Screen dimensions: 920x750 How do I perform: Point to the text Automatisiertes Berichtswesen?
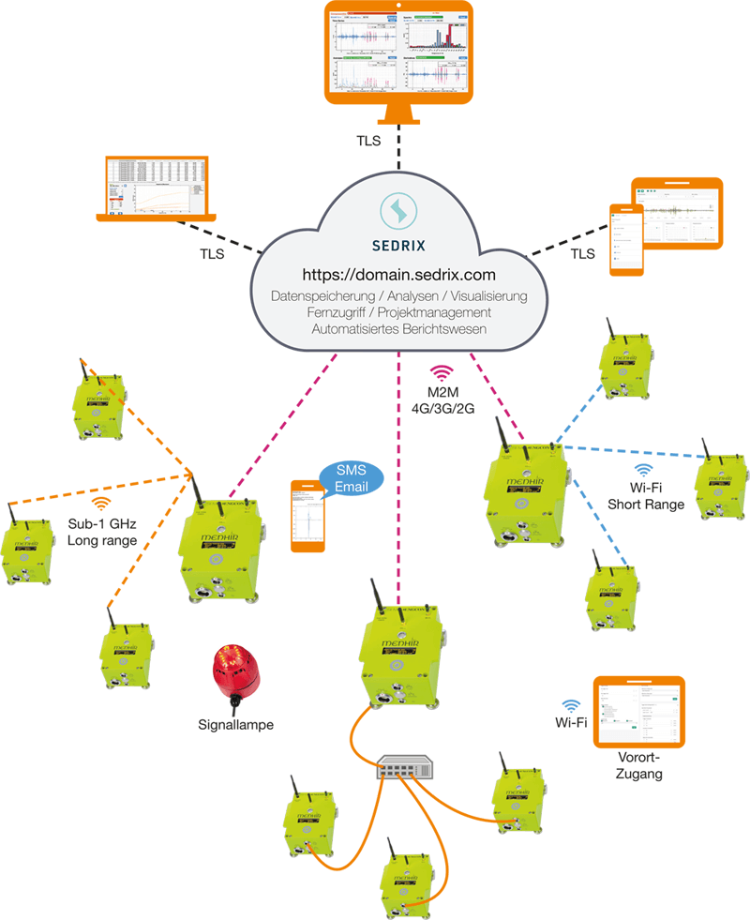click(399, 329)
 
